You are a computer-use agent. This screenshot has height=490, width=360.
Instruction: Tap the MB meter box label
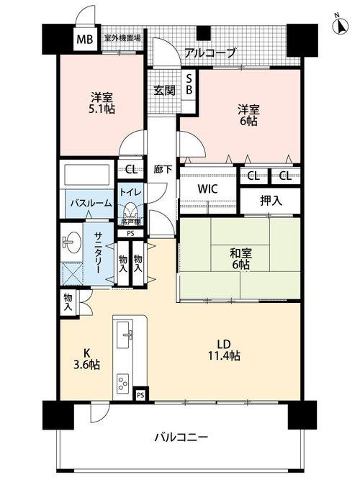[x=84, y=39]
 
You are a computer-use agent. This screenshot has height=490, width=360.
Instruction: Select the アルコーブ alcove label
[x=210, y=53]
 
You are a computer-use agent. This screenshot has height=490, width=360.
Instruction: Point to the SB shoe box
[x=189, y=85]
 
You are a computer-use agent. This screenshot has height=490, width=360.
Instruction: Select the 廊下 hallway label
[x=163, y=170]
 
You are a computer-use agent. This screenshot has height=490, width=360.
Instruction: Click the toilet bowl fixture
[x=131, y=212]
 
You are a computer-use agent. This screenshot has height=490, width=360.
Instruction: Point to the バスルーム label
[x=90, y=204]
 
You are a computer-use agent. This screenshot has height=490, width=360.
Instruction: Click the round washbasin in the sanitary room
[x=72, y=242]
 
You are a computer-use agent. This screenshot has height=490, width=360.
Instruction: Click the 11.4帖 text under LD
[x=224, y=355]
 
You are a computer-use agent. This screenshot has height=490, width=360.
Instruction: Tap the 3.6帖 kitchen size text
[x=86, y=365]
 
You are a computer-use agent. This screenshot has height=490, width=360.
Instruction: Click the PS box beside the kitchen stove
[x=141, y=394]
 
